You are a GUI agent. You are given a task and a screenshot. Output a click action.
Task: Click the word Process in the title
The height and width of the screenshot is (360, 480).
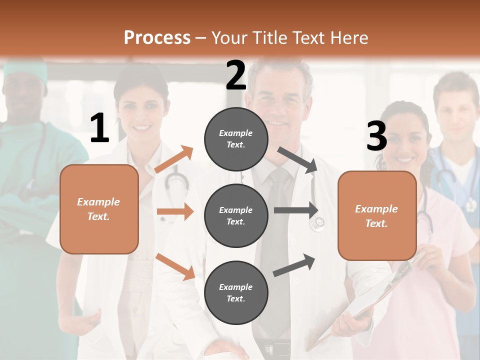point(157,38)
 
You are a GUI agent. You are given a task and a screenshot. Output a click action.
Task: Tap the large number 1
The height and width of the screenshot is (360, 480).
point(99,128)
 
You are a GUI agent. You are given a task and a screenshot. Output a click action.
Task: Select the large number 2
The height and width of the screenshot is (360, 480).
point(236,75)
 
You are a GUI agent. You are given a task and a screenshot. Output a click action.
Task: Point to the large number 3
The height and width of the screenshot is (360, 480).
point(376,136)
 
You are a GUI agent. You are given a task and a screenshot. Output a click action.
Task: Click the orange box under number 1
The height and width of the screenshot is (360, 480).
point(99,209)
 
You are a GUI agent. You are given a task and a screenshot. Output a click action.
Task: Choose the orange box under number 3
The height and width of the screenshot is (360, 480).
point(377,216)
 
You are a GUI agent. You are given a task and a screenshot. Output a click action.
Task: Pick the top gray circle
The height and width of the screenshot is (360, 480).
point(236,139)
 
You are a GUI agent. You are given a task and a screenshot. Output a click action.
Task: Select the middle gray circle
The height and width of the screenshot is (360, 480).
point(236,216)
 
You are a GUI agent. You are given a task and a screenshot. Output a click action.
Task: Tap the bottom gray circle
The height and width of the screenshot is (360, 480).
point(236,293)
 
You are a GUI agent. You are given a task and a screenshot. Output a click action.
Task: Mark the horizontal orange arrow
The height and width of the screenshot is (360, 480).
point(175,212)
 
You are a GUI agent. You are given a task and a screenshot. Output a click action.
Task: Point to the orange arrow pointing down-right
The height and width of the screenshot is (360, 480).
point(175,266)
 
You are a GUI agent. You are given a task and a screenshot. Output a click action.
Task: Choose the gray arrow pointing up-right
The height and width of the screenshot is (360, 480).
point(294,265)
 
